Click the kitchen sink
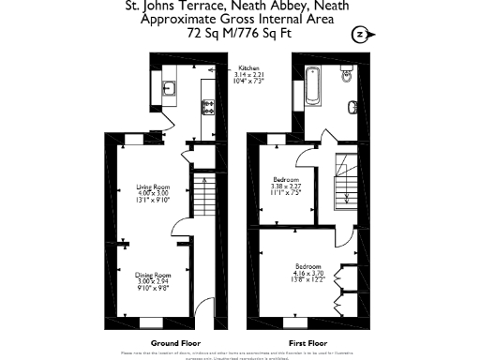click(170, 90)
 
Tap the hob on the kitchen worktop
click(207, 108)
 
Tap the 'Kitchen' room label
click(248, 68)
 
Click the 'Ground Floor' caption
click(151, 343)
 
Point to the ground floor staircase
click(200, 198)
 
